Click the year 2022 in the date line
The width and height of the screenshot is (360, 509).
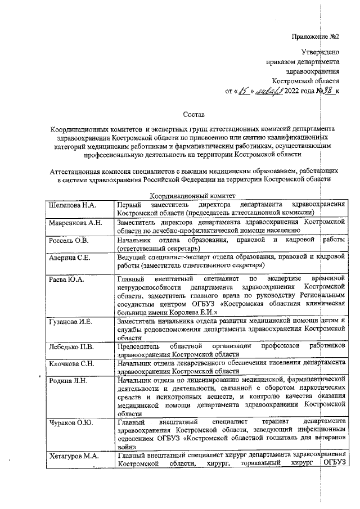click(x=294, y=91)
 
